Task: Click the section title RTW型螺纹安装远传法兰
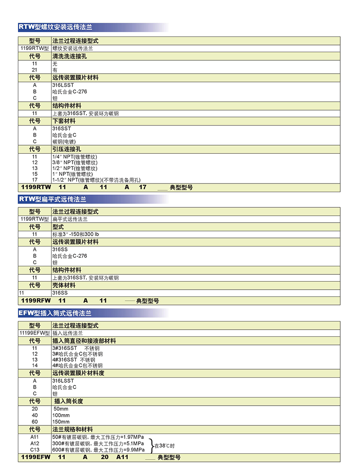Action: tap(55, 27)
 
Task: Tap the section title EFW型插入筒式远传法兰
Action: tap(55, 313)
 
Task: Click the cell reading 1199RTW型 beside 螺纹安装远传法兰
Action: tap(35, 48)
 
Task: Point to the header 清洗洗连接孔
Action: tap(70, 56)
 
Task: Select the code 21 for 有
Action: tap(34, 70)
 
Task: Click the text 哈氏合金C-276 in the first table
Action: tap(70, 92)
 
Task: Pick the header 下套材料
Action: tap(64, 121)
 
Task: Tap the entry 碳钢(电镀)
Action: tap(67, 141)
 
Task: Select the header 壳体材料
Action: tap(64, 285)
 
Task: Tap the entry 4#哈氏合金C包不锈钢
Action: tap(77, 366)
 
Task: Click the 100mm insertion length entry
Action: tap(62, 415)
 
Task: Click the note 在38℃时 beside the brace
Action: tap(164, 446)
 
